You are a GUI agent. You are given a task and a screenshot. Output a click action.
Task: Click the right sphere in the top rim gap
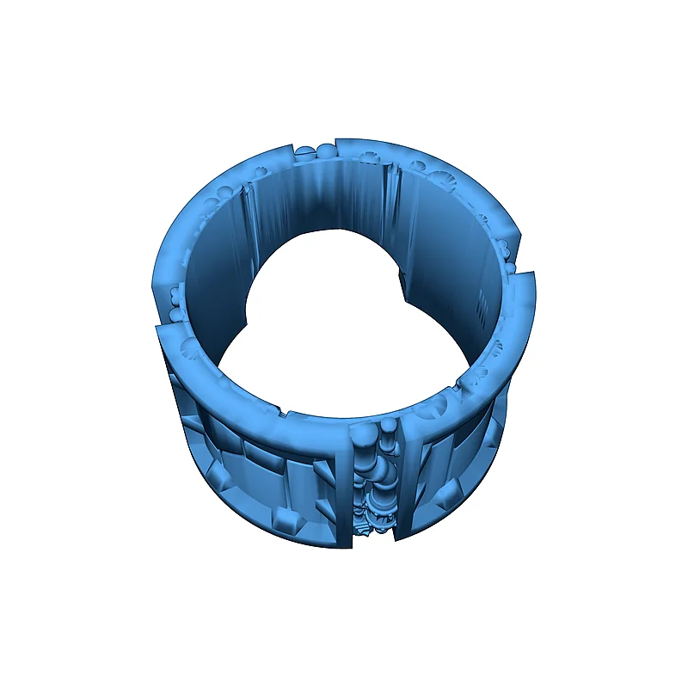(326, 153)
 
